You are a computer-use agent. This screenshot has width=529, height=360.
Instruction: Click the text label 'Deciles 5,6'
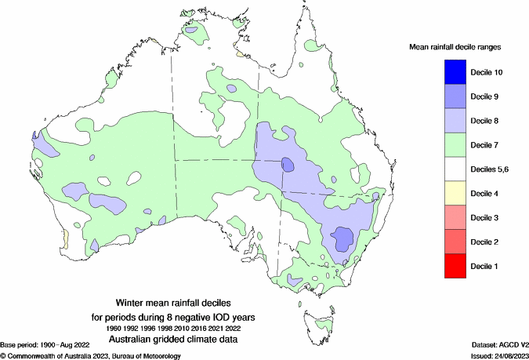pos(491,169)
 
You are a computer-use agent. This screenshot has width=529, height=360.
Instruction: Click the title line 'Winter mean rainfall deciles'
pos(186,302)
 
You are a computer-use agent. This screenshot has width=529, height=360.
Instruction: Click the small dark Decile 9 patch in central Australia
pos(288,165)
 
